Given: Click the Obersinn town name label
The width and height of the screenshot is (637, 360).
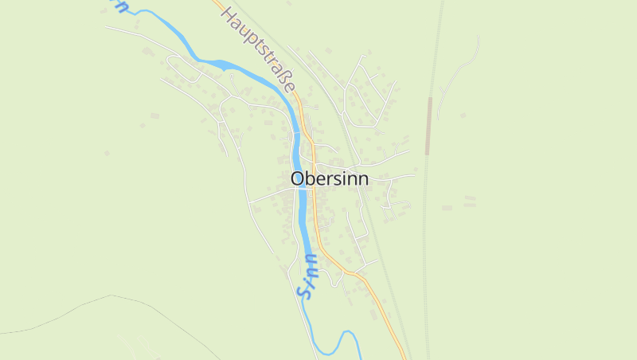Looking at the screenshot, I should pyautogui.click(x=329, y=179).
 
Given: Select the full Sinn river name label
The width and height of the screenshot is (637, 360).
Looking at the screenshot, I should pyautogui.click(x=307, y=276).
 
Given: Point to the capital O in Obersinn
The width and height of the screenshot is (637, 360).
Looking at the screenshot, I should pyautogui.click(x=298, y=179).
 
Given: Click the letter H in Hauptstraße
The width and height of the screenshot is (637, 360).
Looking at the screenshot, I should pyautogui.click(x=229, y=15).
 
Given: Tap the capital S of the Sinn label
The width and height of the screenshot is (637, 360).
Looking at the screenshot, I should pyautogui.click(x=303, y=292).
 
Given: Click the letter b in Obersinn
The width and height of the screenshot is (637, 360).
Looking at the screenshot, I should pyautogui.click(x=311, y=179).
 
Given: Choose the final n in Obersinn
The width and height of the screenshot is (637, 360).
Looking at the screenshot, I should pyautogui.click(x=362, y=180).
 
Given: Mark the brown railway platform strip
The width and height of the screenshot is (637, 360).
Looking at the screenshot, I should pyautogui.click(x=428, y=126).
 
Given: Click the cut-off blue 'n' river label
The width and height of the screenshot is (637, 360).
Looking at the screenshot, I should pyautogui.click(x=121, y=6).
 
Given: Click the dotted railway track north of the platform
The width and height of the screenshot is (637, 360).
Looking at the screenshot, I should pyautogui.click(x=436, y=48).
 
